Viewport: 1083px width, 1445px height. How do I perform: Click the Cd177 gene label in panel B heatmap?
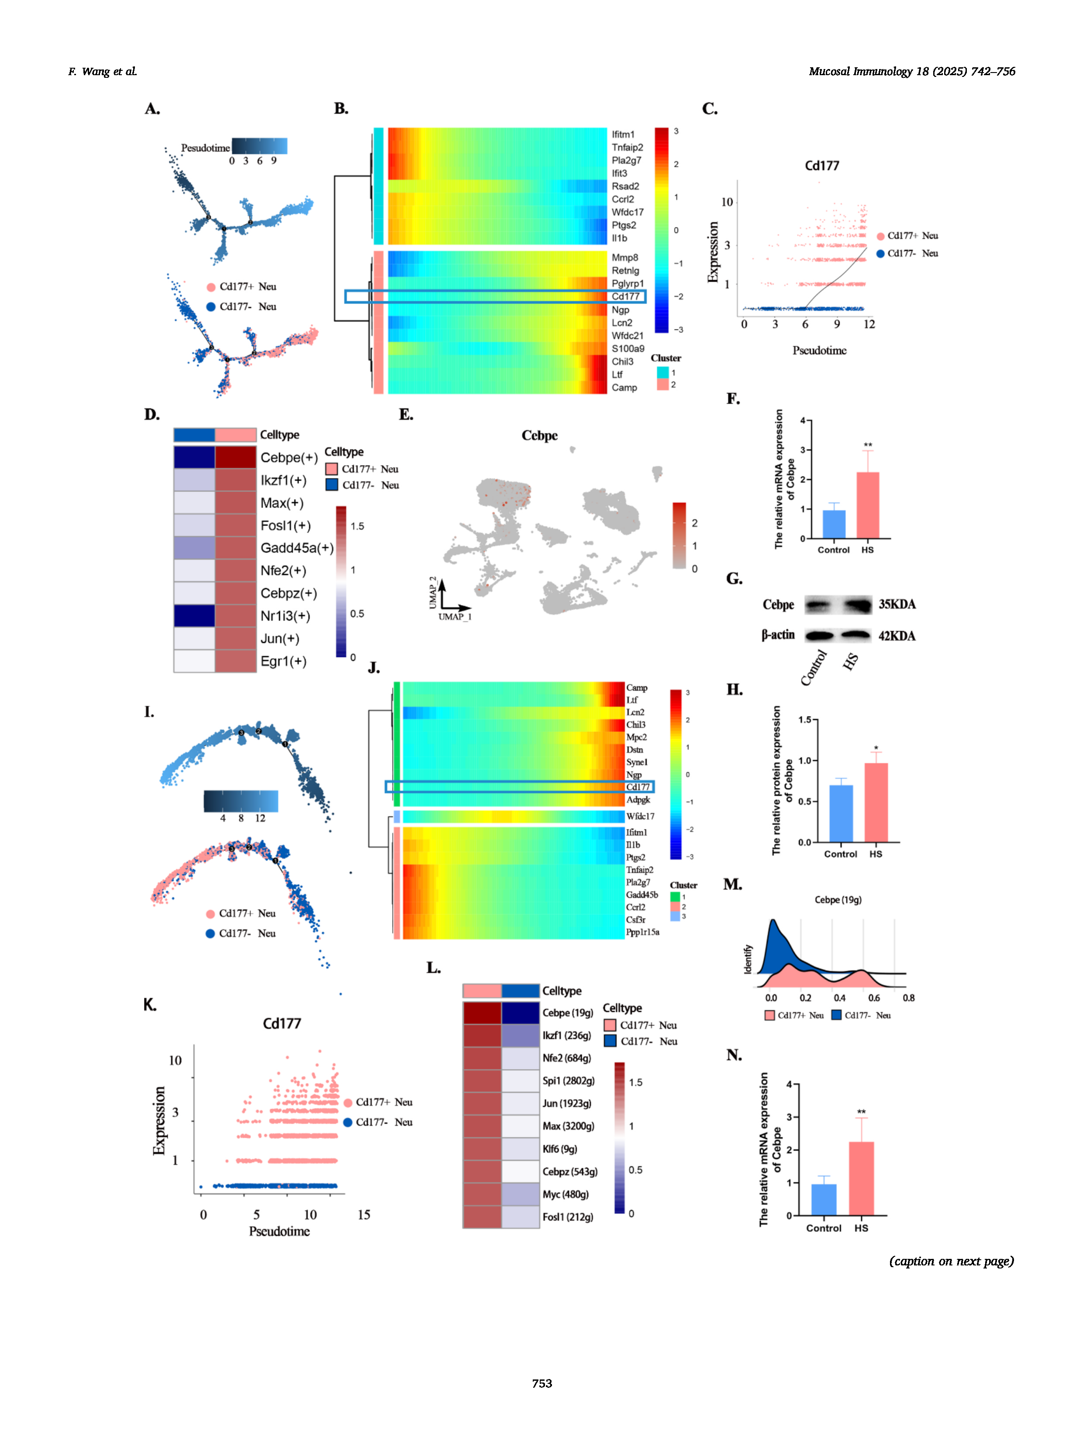[x=625, y=297]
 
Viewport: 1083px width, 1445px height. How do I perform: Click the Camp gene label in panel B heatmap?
[x=624, y=388]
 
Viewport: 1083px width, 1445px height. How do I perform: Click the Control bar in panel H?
[x=841, y=813]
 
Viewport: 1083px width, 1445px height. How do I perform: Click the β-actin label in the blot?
[x=778, y=635]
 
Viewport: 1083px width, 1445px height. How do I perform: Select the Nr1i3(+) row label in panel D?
[x=285, y=616]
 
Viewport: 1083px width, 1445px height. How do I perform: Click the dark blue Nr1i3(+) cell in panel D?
[x=194, y=616]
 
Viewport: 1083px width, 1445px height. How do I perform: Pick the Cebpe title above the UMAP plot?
[x=539, y=436]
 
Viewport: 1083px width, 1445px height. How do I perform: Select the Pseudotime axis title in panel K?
[x=279, y=1231]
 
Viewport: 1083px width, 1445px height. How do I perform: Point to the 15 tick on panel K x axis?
[x=364, y=1215]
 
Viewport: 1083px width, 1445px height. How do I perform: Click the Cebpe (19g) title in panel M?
[x=838, y=900]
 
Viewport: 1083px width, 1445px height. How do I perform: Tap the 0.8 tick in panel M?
[x=908, y=998]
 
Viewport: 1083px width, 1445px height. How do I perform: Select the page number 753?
[x=542, y=1383]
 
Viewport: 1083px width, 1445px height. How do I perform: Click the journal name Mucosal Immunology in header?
[x=860, y=71]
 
